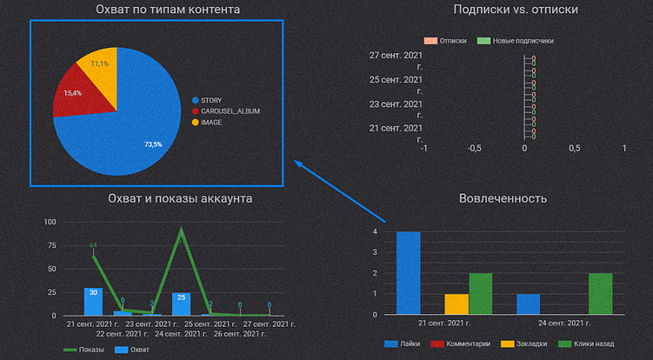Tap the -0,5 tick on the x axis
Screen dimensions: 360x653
474,149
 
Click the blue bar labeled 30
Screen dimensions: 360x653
93,301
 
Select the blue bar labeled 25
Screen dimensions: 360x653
181,303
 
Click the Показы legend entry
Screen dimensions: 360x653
85,350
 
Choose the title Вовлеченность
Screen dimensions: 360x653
503,198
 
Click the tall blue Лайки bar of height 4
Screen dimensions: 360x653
409,272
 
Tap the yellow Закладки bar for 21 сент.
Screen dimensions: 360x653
456,303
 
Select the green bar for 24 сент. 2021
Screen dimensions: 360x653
600,293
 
